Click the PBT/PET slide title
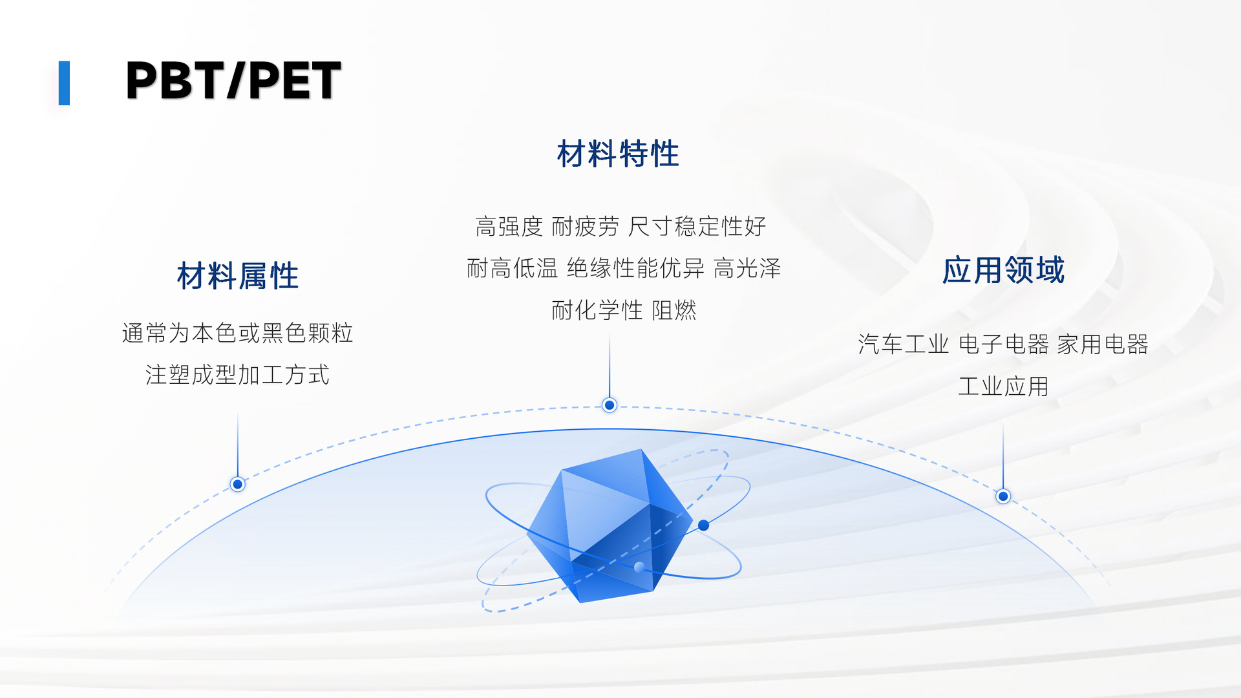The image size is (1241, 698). tap(233, 81)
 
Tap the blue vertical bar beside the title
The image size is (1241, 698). tap(64, 83)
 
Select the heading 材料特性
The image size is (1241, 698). tap(618, 154)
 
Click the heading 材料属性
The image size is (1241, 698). tap(238, 276)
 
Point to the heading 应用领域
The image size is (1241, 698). tap(1003, 270)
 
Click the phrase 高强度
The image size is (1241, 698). tap(509, 227)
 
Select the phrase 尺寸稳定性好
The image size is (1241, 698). tap(697, 227)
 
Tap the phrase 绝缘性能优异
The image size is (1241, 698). tap(635, 268)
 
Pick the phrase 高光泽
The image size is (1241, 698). tap(747, 268)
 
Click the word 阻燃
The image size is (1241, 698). tap(674, 310)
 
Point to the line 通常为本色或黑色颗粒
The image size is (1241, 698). tap(238, 333)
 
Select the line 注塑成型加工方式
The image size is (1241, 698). tap(238, 375)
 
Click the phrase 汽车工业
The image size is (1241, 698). tap(904, 344)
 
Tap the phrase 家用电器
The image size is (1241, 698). tap(1103, 344)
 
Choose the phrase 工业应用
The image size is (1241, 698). tap(1003, 386)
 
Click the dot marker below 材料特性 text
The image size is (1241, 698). tap(610, 405)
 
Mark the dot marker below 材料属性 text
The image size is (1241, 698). tap(238, 484)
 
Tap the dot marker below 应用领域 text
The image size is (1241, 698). tap(1003, 496)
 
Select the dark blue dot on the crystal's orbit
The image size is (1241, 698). tap(704, 525)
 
